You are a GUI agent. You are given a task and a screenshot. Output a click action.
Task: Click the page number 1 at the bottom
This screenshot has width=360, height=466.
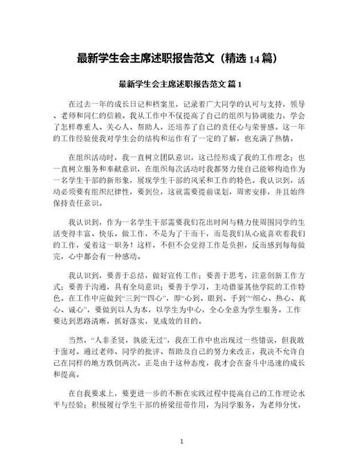click(x=181, y=442)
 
